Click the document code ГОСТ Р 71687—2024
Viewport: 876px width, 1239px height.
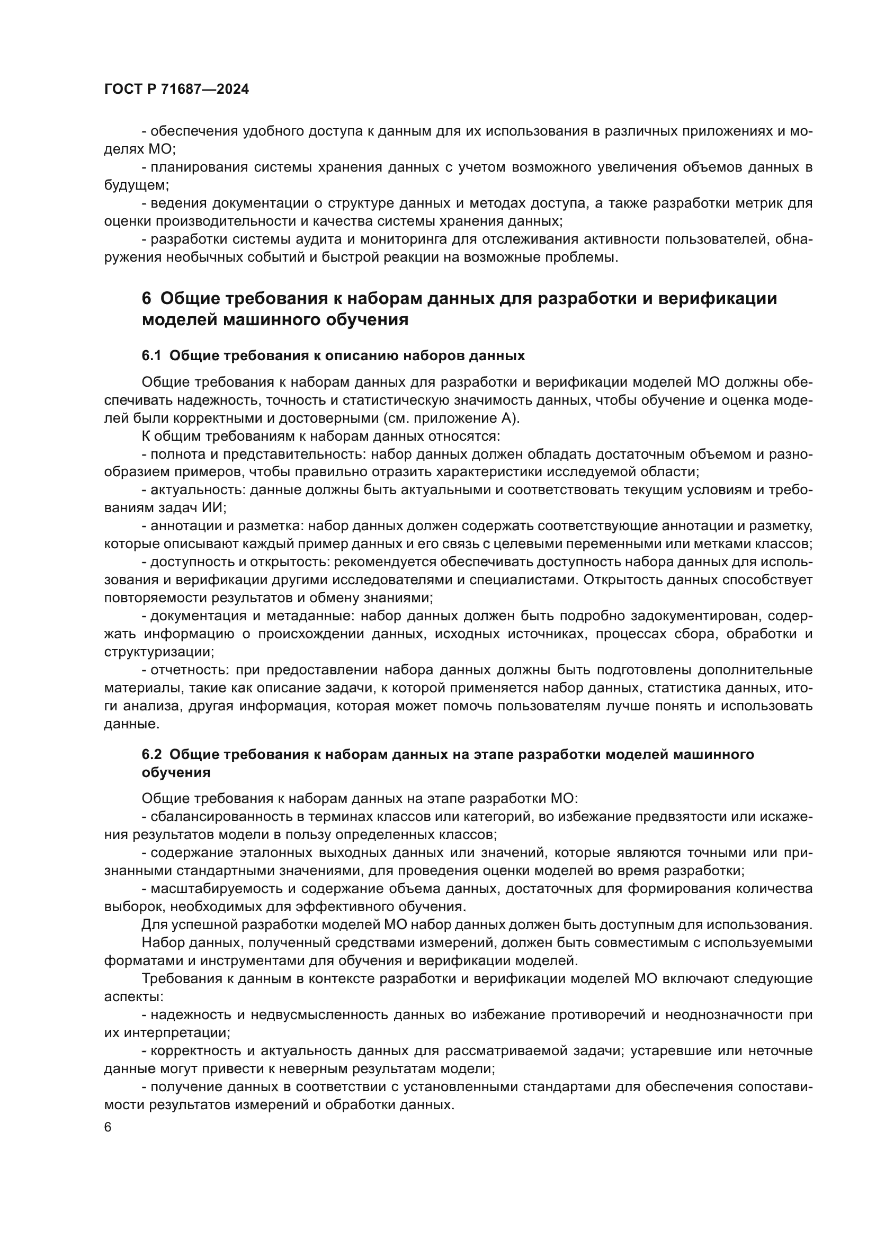[x=176, y=90]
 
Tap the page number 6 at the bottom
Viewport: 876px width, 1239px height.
[x=108, y=1127]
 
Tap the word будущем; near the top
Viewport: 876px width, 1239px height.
[x=137, y=185]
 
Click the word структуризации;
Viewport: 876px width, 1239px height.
[x=158, y=652]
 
